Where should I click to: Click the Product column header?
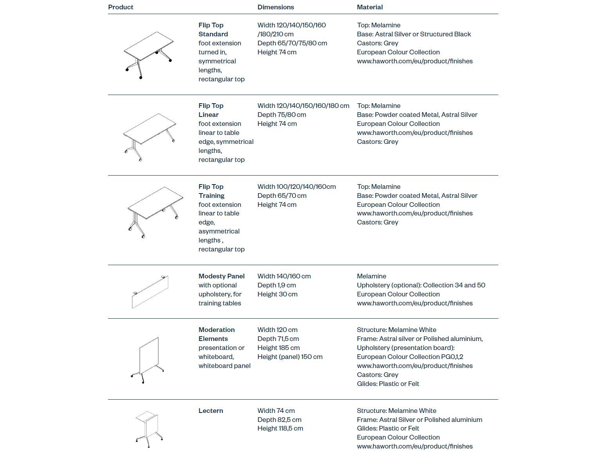[121, 7]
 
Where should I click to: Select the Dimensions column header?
[276, 7]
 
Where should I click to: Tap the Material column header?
[370, 7]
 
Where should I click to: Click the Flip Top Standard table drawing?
[148, 55]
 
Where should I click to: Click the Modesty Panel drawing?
[150, 292]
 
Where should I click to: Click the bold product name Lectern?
[211, 411]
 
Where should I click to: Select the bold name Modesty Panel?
[221, 276]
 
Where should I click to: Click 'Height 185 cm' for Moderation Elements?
[278, 348]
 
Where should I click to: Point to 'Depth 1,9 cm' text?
[276, 285]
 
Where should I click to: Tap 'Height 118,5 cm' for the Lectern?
[280, 428]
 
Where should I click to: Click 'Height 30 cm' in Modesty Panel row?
[277, 294]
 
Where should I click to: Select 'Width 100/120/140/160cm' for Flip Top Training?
[296, 187]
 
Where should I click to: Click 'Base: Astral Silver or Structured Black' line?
[414, 34]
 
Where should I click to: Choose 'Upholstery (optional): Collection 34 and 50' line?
[421, 285]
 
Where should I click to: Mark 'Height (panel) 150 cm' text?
[290, 357]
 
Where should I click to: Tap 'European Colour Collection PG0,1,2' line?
[410, 357]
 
